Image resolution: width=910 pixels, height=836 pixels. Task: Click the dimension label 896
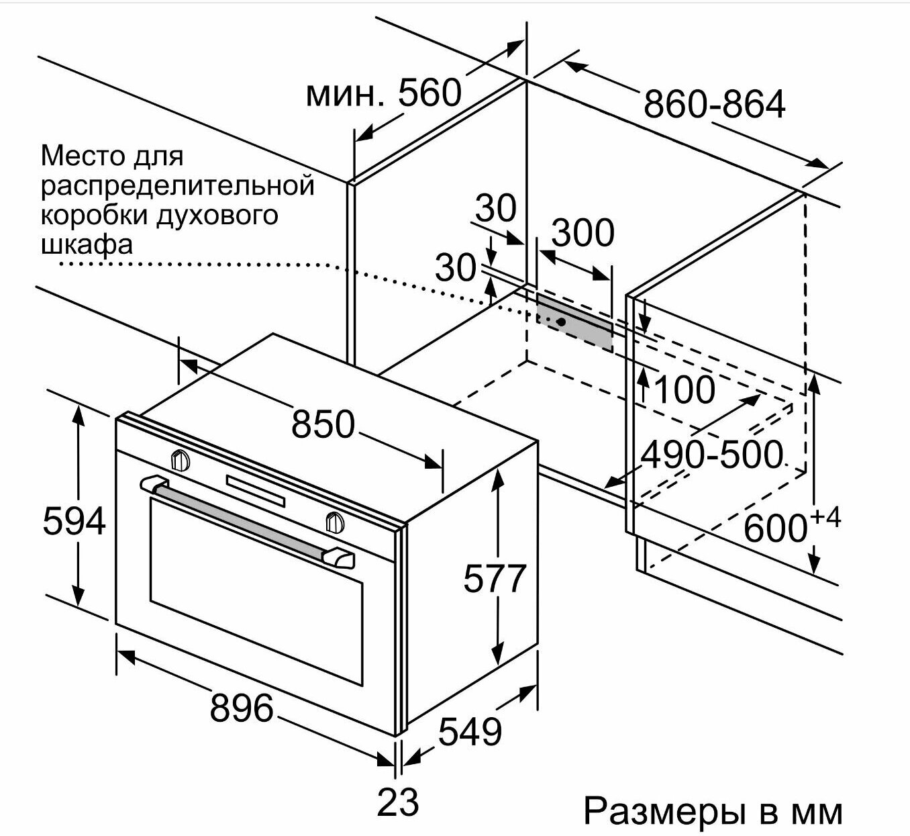coord(242,708)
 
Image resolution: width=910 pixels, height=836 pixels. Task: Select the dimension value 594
coord(74,521)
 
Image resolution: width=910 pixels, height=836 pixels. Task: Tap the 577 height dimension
coord(495,578)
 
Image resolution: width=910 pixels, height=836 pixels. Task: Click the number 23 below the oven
coord(397,802)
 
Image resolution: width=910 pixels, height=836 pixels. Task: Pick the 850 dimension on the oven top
coord(323,424)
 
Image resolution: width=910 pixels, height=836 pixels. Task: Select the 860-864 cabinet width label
coord(715,104)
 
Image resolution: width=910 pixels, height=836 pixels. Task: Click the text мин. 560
coord(383,93)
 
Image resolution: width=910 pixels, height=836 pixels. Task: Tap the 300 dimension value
coord(583,232)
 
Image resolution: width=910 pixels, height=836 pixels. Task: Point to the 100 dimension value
coord(685,389)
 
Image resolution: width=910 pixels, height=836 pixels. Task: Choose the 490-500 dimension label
coord(711,455)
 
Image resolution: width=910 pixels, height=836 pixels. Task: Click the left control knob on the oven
coord(181,459)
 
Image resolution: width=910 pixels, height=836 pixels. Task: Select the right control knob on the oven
coord(335,521)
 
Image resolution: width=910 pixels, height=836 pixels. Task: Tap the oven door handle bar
coord(246,521)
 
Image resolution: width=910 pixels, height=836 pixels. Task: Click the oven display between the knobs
coord(256,491)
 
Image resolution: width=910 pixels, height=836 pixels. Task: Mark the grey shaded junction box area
coord(574,320)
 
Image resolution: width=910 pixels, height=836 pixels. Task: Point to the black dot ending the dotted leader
coord(562,322)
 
